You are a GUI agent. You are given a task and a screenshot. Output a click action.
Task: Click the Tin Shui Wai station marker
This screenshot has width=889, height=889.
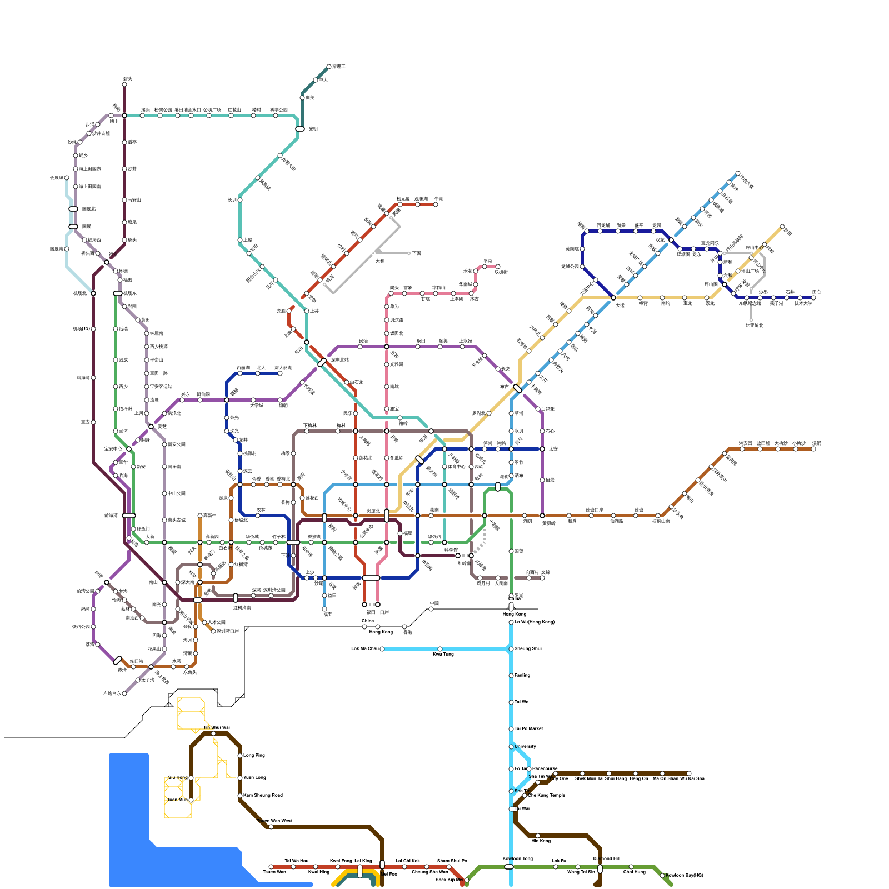213,733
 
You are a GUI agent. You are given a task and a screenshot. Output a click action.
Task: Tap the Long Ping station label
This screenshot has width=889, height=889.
254,756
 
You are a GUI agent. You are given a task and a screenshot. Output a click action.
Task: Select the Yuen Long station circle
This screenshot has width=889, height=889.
240,778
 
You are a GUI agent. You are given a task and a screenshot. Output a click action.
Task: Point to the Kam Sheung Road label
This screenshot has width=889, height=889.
263,796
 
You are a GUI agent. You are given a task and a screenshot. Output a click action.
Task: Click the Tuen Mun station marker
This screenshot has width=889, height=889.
191,800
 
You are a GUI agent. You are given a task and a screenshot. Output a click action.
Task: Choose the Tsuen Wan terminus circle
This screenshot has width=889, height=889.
271,867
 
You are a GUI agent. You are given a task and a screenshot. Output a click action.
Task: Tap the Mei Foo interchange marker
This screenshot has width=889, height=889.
382,865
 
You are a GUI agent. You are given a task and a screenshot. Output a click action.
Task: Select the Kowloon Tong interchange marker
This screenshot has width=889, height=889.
509,867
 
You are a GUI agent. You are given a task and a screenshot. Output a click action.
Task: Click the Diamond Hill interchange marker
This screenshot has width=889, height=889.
600,868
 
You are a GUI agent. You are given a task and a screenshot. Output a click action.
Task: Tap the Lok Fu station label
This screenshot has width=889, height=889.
558,861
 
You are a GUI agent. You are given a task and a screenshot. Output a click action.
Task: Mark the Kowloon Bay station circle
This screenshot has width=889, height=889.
662,876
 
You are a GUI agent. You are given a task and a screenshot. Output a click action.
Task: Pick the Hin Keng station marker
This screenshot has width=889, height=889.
538,836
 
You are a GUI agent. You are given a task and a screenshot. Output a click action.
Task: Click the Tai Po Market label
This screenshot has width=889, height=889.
528,728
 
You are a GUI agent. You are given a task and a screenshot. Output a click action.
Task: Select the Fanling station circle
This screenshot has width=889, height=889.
511,676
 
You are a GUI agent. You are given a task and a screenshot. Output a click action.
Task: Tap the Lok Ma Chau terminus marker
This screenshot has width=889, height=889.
382,649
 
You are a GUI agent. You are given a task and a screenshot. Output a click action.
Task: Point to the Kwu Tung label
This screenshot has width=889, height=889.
443,655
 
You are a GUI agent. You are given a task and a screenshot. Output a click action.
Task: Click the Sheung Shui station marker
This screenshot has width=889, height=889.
511,649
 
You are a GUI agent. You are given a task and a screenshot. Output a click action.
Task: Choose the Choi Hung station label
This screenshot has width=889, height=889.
634,872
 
